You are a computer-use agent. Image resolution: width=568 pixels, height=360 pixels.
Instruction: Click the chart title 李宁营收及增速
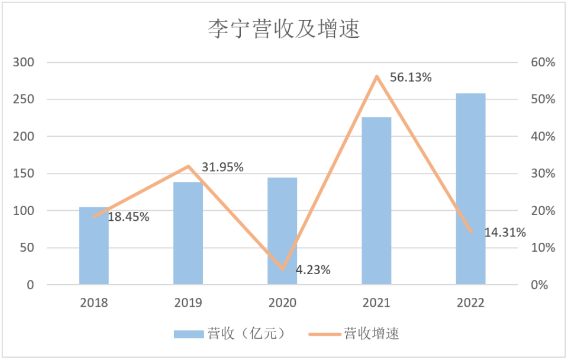pos(283,29)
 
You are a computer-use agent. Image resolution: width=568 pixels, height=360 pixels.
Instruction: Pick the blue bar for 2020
pos(282,231)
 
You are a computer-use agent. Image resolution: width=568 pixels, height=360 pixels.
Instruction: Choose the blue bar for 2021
pos(376,201)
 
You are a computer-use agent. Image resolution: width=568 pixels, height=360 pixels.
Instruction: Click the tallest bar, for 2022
pos(470,189)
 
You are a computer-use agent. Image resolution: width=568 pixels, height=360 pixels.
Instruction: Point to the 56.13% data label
pos(411,78)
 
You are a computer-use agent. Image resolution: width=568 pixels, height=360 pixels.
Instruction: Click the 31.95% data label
pos(222,167)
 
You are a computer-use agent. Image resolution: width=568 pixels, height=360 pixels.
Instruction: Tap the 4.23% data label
pos(313,270)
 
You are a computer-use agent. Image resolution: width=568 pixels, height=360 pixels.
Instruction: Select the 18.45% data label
pos(128,217)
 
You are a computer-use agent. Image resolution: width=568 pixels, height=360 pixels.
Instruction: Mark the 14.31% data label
pos(505,233)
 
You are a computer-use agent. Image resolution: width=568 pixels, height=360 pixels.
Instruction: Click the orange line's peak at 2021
pos(376,76)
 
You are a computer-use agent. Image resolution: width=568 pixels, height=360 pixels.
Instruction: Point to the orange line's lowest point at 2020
pos(282,269)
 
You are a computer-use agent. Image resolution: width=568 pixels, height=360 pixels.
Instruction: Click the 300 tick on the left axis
pos(24,62)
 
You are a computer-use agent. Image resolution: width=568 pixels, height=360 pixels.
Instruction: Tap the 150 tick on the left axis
pos(24,173)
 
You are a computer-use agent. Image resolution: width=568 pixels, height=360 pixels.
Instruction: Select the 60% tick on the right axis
pos(542,62)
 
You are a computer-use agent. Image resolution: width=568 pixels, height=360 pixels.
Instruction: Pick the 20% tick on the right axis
pos(542,211)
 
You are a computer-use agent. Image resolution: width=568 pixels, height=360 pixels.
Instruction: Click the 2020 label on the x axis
pos(282,303)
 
